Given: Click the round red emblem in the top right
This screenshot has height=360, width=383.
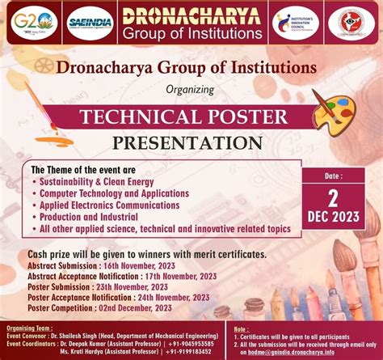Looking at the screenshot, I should [354, 23].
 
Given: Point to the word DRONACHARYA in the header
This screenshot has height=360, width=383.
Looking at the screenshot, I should [191, 15].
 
